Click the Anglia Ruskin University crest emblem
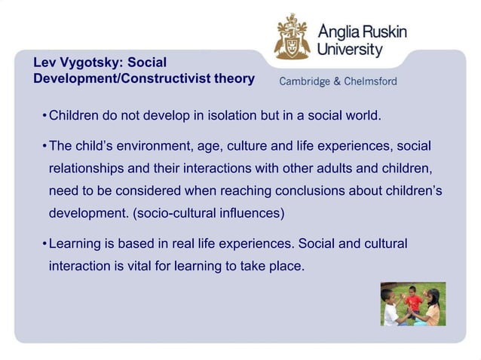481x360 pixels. [x=292, y=37]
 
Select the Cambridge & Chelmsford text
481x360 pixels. [x=338, y=82]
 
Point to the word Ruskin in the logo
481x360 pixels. [x=383, y=32]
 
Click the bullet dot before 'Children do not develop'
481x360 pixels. [x=45, y=117]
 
